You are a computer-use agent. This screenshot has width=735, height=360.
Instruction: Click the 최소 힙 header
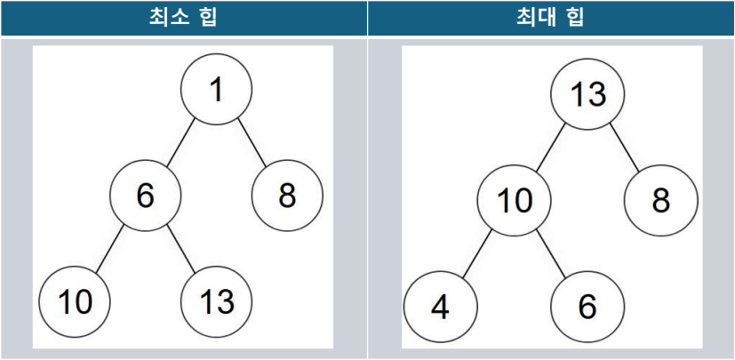(183, 18)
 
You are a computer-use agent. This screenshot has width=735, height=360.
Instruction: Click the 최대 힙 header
(551, 18)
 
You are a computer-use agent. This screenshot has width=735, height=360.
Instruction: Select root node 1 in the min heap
(216, 91)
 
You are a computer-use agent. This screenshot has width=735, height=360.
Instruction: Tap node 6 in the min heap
(145, 196)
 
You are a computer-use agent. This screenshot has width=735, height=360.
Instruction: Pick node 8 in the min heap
(287, 196)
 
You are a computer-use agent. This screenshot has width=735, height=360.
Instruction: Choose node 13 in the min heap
(216, 302)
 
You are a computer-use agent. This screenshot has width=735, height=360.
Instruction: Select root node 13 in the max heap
(587, 94)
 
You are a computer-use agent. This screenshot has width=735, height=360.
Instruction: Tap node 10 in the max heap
(513, 201)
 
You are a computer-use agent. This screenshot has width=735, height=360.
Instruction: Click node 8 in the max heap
(659, 201)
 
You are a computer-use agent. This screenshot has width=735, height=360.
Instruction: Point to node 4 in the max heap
(439, 308)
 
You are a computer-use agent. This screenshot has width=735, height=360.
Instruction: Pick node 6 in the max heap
(587, 308)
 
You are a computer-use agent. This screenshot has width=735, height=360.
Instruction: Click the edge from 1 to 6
(180, 143)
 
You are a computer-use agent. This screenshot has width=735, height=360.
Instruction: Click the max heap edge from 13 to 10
(549, 148)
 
